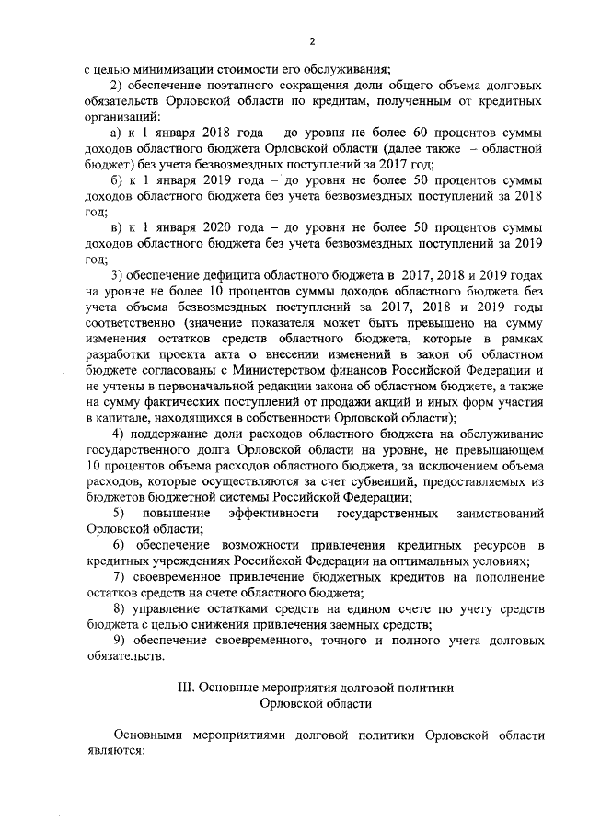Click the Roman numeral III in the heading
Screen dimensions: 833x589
[x=184, y=688]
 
